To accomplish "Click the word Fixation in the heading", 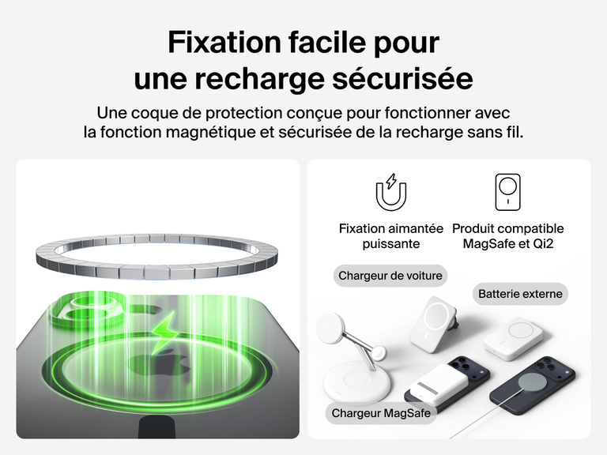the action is coord(224,42).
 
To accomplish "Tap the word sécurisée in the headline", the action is coord(402,78).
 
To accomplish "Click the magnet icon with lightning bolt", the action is coord(391,192).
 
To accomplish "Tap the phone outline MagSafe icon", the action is coord(507,192).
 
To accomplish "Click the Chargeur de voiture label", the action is coord(390,276).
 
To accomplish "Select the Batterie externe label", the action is coord(520,294).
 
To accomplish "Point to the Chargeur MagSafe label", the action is coord(381,413).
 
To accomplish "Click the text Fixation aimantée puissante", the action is coord(391,236).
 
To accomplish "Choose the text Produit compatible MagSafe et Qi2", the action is coord(508,236).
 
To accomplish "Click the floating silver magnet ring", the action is coord(156,267).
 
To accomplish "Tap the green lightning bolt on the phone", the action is coord(164,333).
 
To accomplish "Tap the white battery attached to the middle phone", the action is coord(435,384).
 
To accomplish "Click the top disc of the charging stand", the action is coord(330,327).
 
